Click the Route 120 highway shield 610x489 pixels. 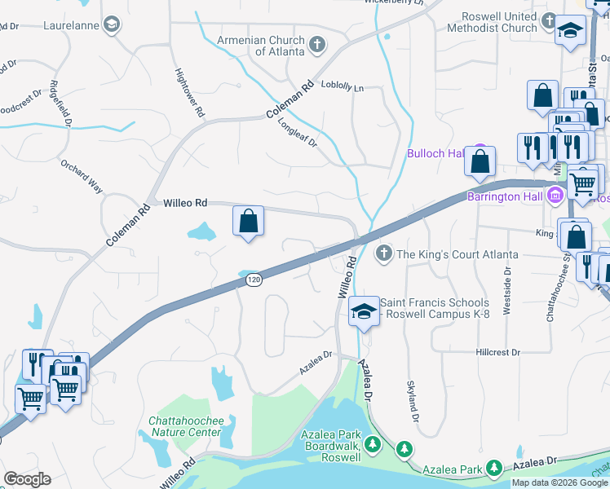coord(253,280)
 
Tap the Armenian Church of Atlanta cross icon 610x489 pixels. coord(316,44)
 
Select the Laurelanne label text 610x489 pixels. coord(71,25)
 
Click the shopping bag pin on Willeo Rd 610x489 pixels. coord(248,222)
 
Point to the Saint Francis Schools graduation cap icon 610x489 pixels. coord(365,311)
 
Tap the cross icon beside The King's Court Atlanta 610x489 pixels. coord(384,254)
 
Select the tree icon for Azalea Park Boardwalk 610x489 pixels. coord(372,444)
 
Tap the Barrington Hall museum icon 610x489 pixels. coord(555,196)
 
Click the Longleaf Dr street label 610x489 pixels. coord(297,131)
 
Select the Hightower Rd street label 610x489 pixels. coord(189,93)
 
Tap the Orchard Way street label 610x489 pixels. coord(82,175)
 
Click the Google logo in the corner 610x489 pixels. coord(27,479)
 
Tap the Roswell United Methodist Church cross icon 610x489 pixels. coord(549,20)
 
